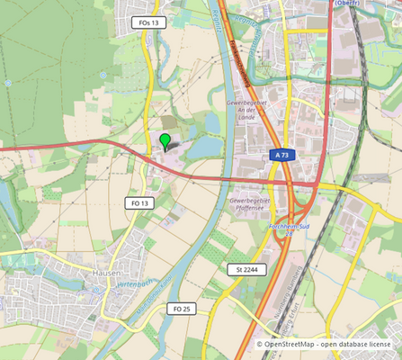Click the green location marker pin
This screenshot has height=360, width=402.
click(165, 140)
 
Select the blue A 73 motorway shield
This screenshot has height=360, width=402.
click(281, 156)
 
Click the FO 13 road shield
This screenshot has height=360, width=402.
click(138, 203)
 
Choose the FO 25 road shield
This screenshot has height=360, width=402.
click(181, 309)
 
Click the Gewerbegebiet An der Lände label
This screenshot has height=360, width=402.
click(247, 108)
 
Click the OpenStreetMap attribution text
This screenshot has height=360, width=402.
click(289, 344)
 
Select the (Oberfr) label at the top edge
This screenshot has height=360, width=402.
click(347, 4)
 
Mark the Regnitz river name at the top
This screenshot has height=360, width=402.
click(221, 22)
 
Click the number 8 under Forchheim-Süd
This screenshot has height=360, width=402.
click(290, 235)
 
